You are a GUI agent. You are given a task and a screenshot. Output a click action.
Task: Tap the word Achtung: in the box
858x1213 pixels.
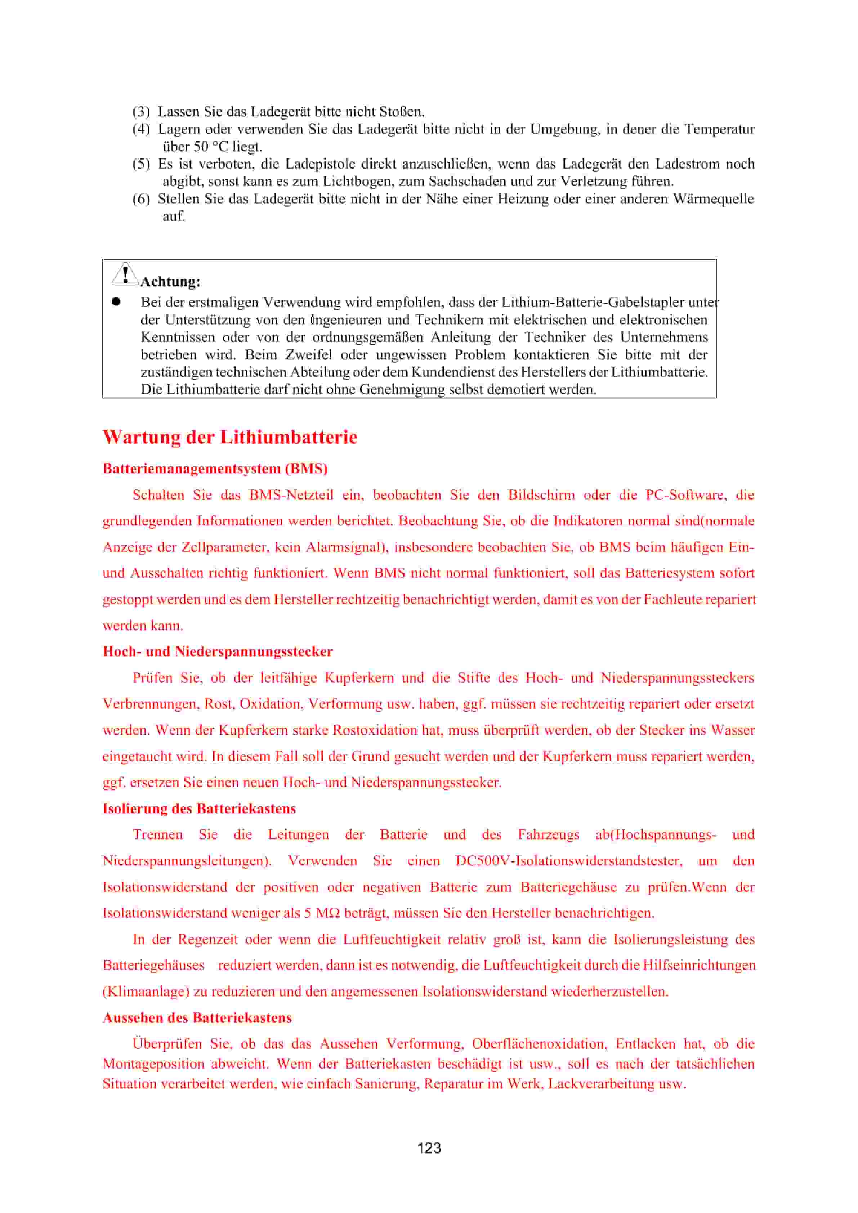click(170, 282)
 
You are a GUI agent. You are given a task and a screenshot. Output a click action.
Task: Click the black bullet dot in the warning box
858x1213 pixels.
click(116, 302)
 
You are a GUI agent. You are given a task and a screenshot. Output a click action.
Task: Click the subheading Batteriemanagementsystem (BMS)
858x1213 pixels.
click(215, 469)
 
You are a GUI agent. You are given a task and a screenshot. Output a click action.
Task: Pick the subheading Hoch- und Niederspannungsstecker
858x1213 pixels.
click(218, 652)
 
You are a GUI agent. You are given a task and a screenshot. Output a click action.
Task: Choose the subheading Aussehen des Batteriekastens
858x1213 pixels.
click(197, 1017)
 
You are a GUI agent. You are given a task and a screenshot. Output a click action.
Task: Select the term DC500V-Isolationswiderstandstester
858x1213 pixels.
click(568, 861)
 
